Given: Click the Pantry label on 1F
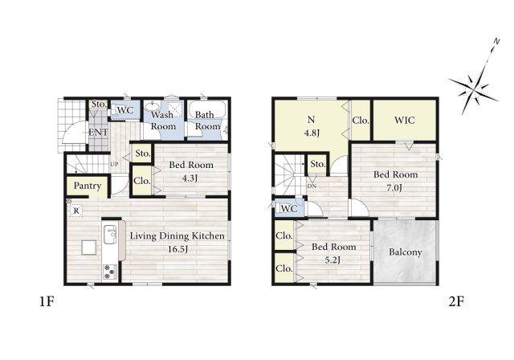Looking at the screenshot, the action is click(x=88, y=186).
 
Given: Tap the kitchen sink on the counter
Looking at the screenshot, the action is click(x=110, y=235).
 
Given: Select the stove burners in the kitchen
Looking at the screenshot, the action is click(x=110, y=272).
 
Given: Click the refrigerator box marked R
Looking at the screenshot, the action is click(x=76, y=211).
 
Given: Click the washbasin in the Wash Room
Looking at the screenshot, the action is click(x=152, y=107).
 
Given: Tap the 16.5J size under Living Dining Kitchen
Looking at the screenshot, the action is click(x=177, y=249).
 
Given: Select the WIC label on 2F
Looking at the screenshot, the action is click(x=405, y=120).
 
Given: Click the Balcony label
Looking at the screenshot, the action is click(x=405, y=252).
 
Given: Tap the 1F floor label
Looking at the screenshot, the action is click(x=47, y=301).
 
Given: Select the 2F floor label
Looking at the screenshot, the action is click(x=456, y=301).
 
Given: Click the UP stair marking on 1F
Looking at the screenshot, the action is click(x=114, y=164).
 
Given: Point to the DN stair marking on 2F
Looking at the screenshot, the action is click(x=312, y=186).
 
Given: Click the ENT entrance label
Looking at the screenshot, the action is click(x=98, y=132).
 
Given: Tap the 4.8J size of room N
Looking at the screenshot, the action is click(x=312, y=133).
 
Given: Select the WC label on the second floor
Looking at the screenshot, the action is click(x=289, y=208).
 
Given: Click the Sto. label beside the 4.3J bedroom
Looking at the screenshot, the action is click(x=143, y=153).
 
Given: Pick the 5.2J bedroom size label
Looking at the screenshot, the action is click(x=332, y=260).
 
